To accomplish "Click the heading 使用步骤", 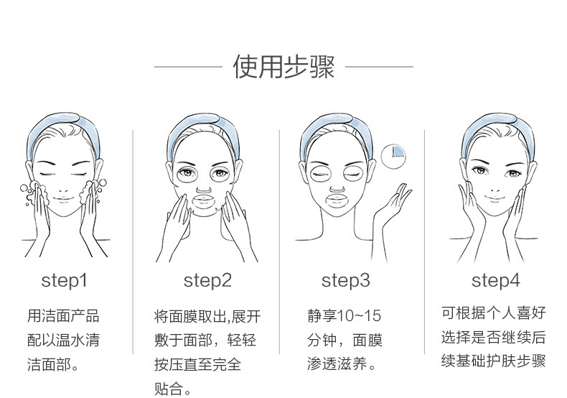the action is [x=283, y=67].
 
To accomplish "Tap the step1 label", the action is [x=65, y=280].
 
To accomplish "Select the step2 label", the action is [x=207, y=280].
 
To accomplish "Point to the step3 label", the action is [x=346, y=280].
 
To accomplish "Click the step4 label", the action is [x=496, y=280].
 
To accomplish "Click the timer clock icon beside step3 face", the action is [x=393, y=157].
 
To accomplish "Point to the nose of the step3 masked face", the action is [x=337, y=188].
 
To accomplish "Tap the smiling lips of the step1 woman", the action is [x=64, y=198].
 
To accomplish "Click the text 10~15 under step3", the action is [x=359, y=315].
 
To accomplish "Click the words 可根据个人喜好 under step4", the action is [x=493, y=313].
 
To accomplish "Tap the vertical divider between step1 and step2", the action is [x=133, y=241].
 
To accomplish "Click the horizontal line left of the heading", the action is [x=188, y=67].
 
